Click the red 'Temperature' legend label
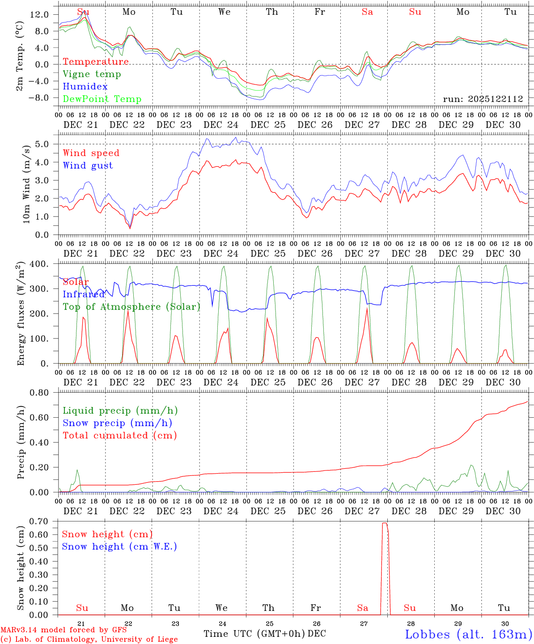pyautogui.click(x=95, y=62)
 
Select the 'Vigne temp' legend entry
pyautogui.click(x=92, y=74)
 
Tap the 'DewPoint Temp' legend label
pyautogui.click(x=102, y=99)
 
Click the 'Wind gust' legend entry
pyautogui.click(x=88, y=165)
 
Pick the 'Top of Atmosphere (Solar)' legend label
pyautogui.click(x=131, y=307)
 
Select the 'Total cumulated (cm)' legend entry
pyautogui.click(x=119, y=436)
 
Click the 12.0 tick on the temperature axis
pyautogui.click(x=39, y=14)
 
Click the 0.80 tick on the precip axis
pyautogui.click(x=39, y=393)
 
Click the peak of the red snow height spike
pyautogui.click(x=384, y=523)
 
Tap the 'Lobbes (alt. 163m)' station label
pyautogui.click(x=468, y=634)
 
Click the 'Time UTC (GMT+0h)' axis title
pyautogui.click(x=254, y=634)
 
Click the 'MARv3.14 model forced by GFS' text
pyautogui.click(x=64, y=630)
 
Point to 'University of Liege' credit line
pyautogui.click(x=139, y=640)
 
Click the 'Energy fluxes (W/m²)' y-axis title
pyautogui.click(x=21, y=314)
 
